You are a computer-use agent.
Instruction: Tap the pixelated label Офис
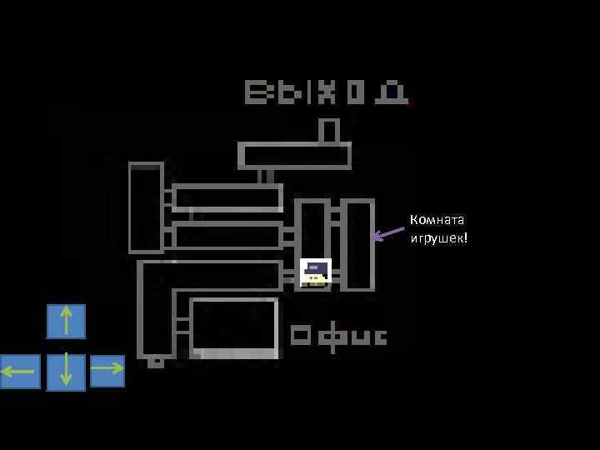[x=338, y=336]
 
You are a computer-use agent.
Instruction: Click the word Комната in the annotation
[x=437, y=220]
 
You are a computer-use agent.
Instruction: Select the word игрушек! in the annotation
[x=438, y=239]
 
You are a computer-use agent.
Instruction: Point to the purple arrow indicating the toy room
[x=387, y=234]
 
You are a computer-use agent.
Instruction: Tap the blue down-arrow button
[x=66, y=372]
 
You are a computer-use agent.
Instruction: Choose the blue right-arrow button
[x=107, y=370]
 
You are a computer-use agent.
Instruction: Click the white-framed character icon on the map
[x=316, y=272]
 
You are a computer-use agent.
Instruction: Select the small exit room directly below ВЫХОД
[x=329, y=131]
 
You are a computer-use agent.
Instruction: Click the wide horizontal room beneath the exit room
[x=294, y=156]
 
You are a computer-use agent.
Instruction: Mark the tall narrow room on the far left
[x=146, y=207]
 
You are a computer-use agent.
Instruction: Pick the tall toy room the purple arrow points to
[x=357, y=244]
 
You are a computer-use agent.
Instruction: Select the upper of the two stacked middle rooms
[x=227, y=197]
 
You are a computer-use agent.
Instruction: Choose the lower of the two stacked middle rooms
[x=227, y=236]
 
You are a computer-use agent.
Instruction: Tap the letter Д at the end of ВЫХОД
[x=391, y=92]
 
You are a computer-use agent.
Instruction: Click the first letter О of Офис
[x=301, y=336]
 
